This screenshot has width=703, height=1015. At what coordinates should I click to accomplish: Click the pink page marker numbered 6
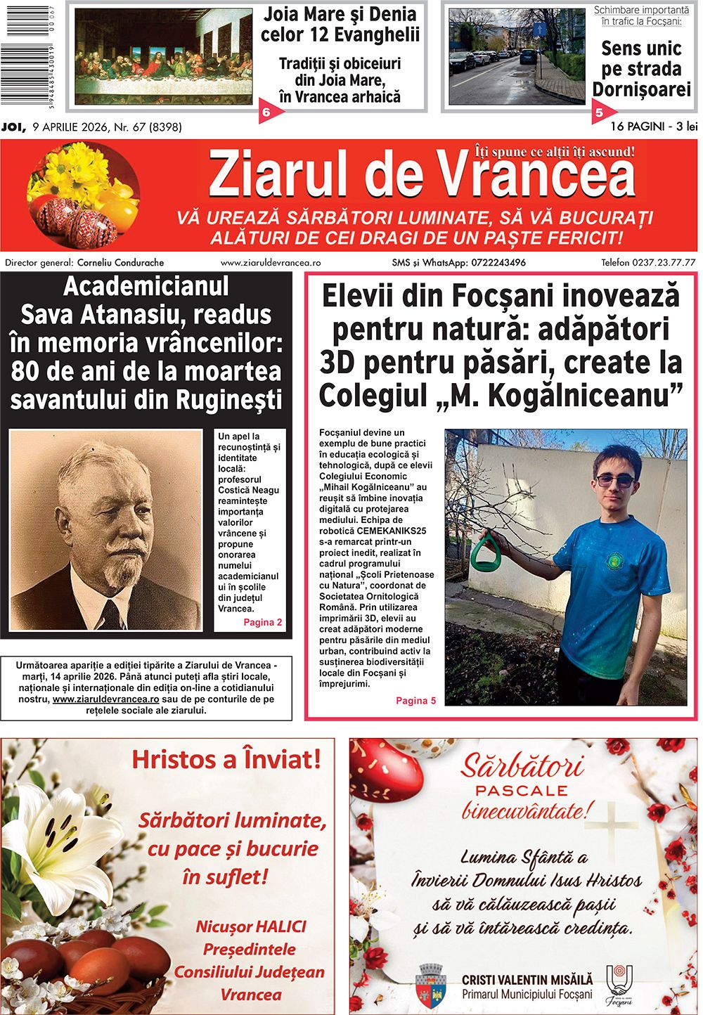(266, 112)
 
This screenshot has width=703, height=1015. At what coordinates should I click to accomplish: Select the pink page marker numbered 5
(600, 112)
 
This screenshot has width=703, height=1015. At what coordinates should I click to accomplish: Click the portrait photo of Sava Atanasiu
(105, 530)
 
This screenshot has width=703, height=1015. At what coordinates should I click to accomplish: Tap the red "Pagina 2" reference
(262, 622)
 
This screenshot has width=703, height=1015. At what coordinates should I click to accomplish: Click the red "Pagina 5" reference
(415, 700)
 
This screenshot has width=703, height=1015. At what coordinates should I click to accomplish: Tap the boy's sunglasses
(614, 481)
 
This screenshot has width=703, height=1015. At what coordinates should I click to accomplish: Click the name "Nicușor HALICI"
(251, 926)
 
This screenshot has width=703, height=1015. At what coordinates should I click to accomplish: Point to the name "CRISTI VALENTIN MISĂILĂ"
(527, 979)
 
